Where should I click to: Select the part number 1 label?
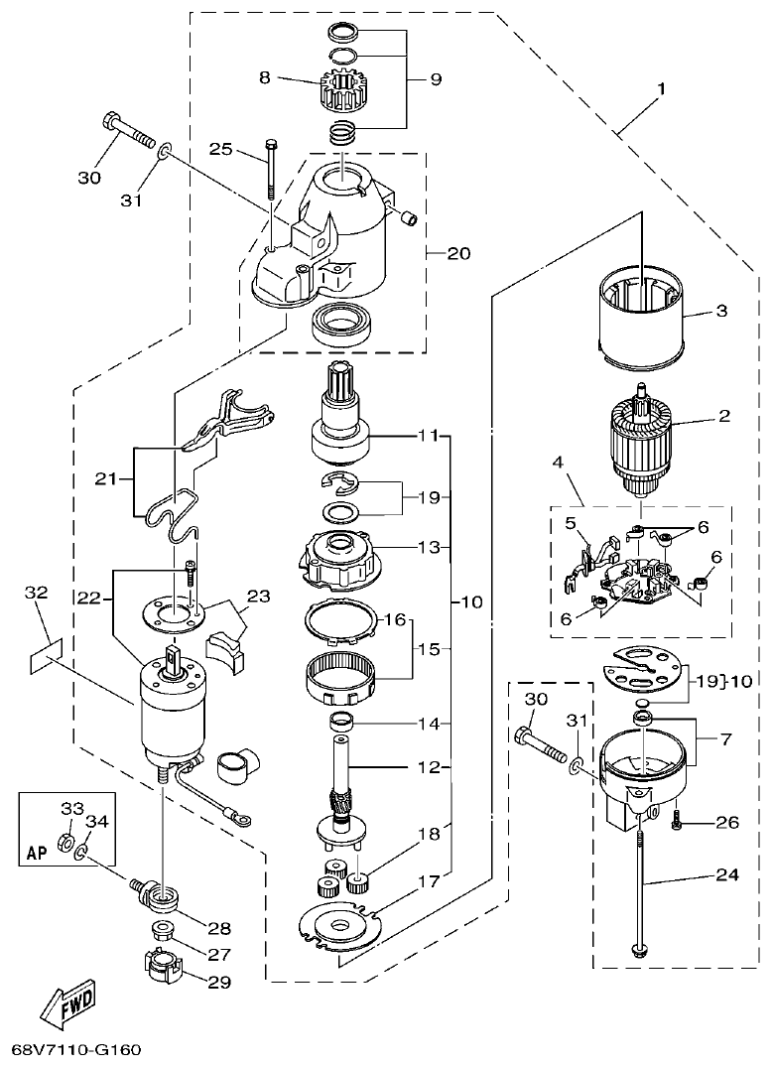(660, 88)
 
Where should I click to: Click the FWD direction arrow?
(67, 1006)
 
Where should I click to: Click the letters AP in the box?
(35, 853)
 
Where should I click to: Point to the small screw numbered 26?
(677, 820)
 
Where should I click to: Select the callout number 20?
(457, 253)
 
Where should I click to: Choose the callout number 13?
(427, 547)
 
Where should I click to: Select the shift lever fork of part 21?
(238, 417)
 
